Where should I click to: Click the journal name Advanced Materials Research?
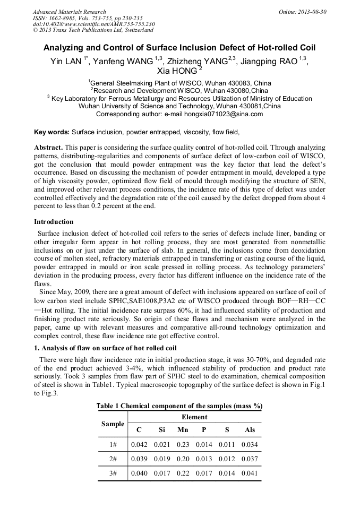pos(69,11)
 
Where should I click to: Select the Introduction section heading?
pos(54,221)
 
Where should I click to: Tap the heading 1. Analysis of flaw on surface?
pos(105,348)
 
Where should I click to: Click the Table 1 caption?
pos(179,406)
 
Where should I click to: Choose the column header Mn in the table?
pos(183,429)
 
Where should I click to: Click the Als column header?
pos(249,429)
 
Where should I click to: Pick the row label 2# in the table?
pos(113,459)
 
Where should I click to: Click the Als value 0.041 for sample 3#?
pos(249,473)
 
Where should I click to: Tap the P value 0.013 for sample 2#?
pos(204,459)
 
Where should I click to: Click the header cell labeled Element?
pos(194,417)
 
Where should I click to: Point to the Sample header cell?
pos(113,424)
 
